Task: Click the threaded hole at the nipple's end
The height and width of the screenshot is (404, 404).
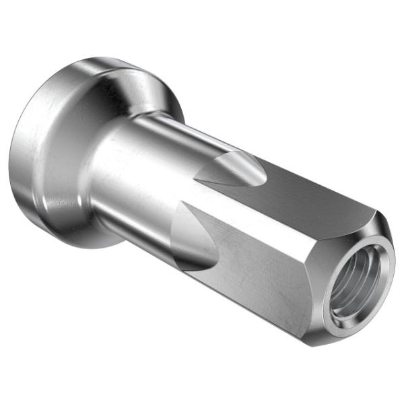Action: pos(355,283)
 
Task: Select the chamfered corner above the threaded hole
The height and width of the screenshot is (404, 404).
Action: pos(377,222)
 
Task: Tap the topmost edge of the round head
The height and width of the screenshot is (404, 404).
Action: pos(101,59)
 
